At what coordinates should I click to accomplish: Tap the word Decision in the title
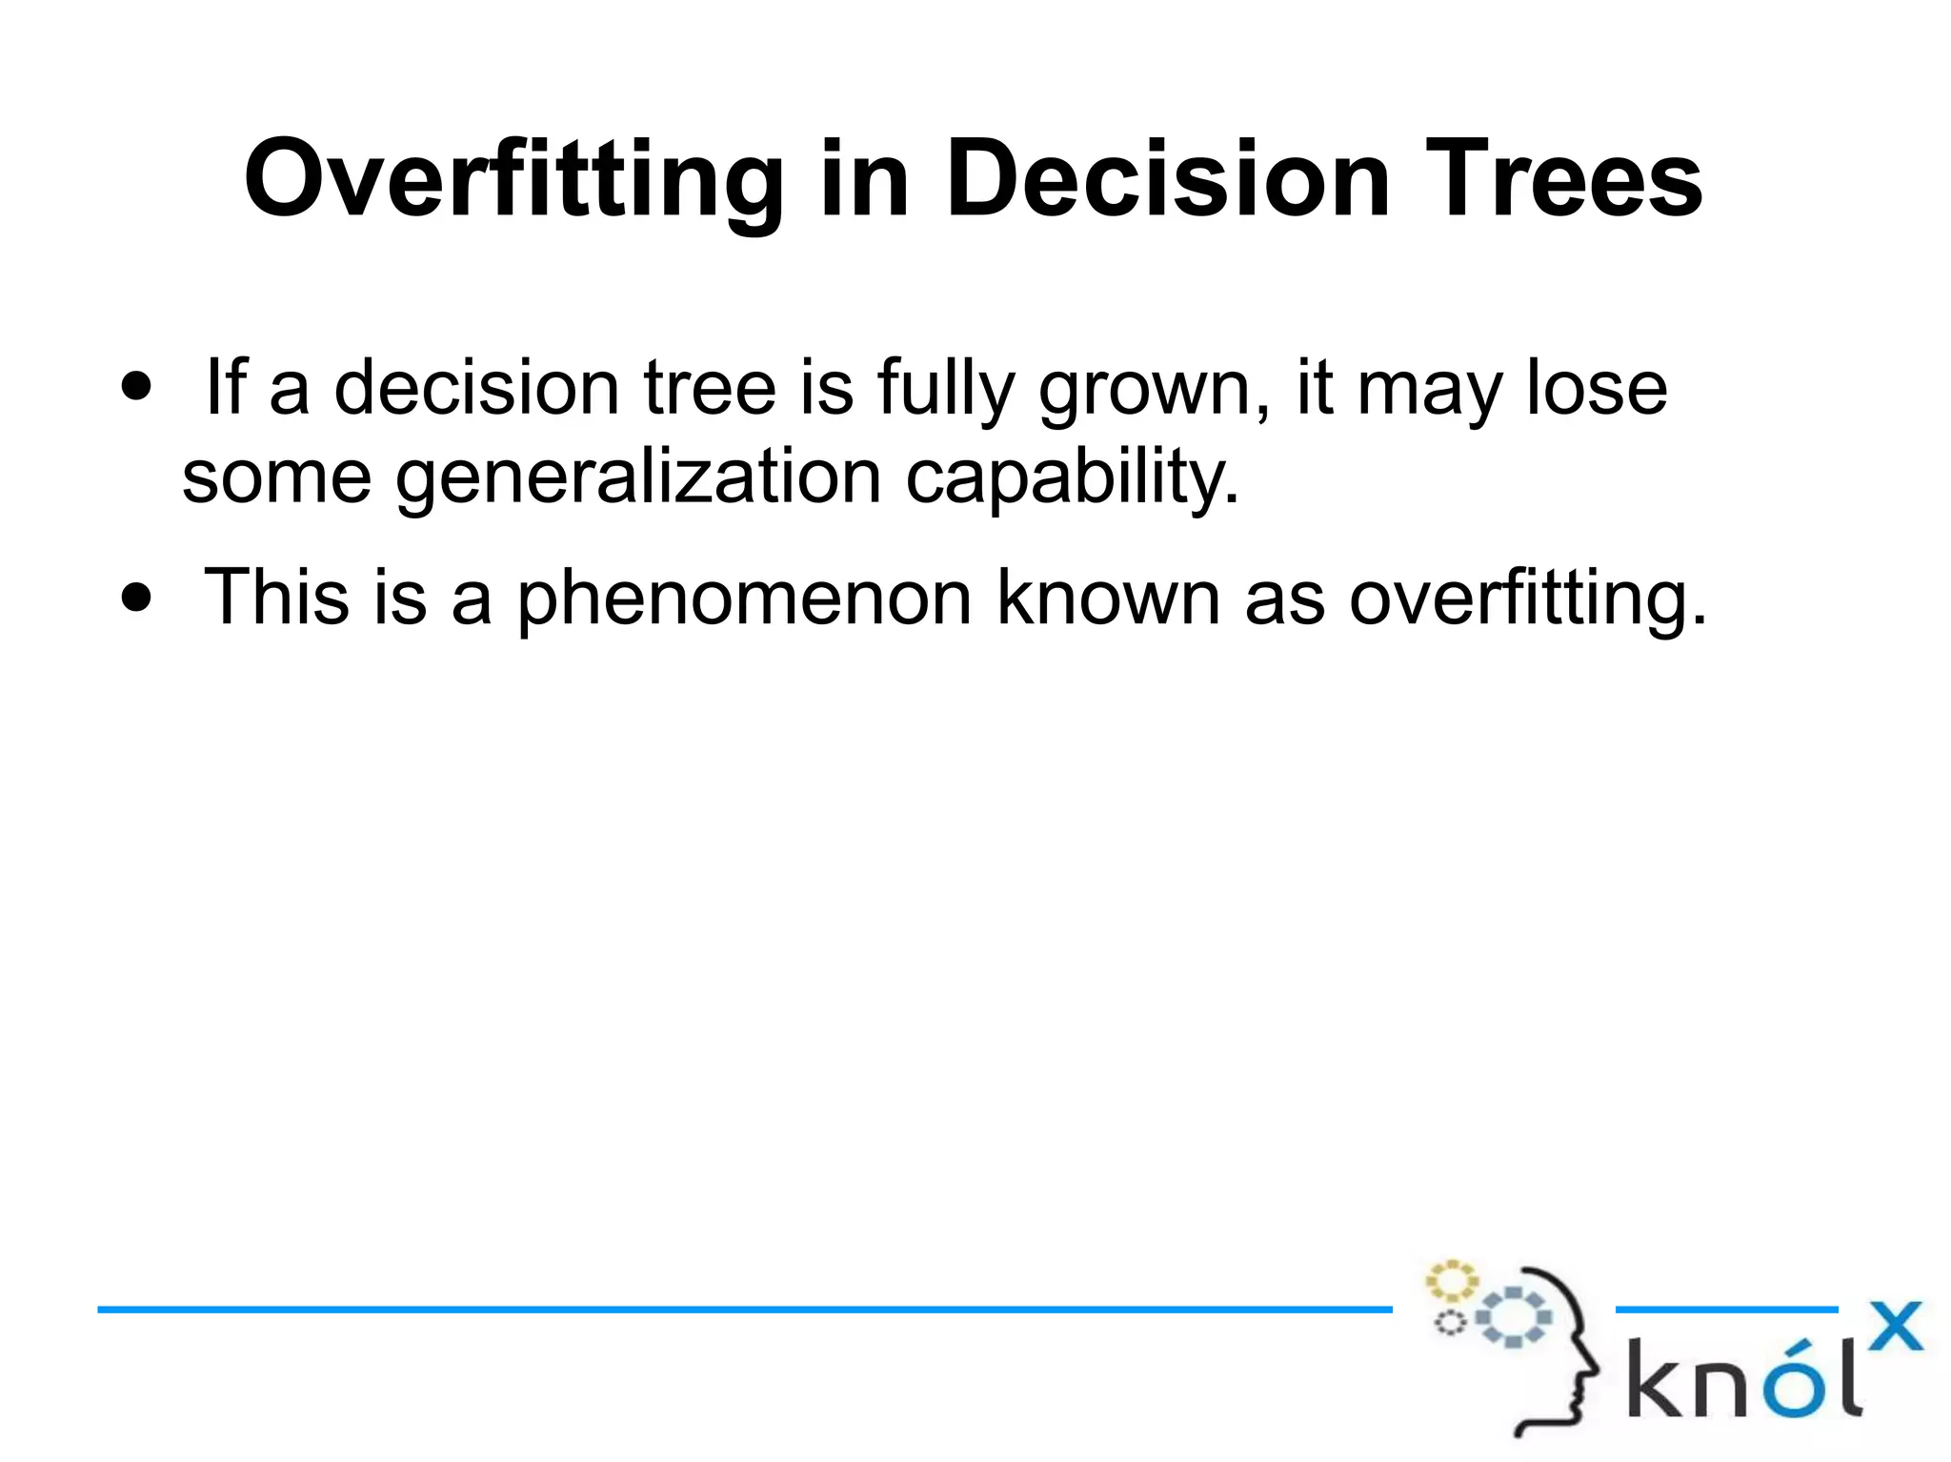[1168, 179]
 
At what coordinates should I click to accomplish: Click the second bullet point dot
[137, 598]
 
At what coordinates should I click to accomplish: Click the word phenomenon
[745, 599]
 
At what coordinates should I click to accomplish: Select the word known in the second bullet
[1108, 599]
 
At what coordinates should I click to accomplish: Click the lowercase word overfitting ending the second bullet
[1527, 599]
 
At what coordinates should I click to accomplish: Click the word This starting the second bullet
[276, 598]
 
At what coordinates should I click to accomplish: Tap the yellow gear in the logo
[1451, 1282]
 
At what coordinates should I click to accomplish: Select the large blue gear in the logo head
[1513, 1317]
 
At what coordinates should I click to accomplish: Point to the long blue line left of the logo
[743, 1310]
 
